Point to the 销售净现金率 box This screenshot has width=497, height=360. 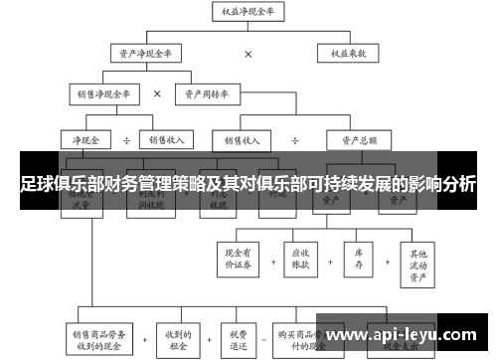(103, 94)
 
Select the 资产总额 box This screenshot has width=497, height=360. (358, 139)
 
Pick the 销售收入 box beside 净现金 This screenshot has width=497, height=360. (166, 139)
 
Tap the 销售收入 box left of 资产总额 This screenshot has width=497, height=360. (246, 139)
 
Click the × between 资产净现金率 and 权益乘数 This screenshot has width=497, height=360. (248, 54)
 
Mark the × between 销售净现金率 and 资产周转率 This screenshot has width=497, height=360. (157, 94)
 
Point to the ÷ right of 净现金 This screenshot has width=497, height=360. (127, 139)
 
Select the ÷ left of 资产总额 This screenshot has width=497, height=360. (296, 139)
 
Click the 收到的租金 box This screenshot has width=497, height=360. (179, 338)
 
